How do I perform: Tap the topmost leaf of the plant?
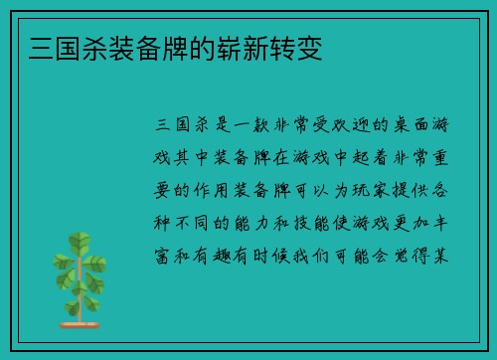[74, 241]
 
